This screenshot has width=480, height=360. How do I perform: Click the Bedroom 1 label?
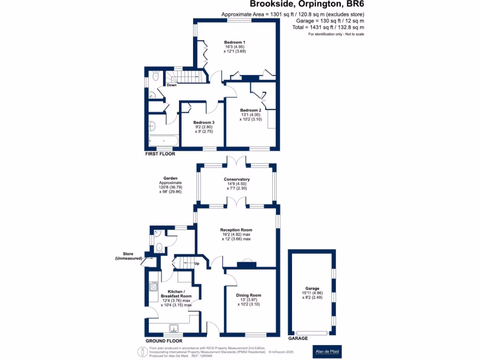coord(234,42)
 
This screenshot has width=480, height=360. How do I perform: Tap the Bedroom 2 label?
coord(250,110)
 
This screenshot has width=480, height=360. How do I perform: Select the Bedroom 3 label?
coord(204,122)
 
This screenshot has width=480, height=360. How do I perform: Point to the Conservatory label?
coord(237,180)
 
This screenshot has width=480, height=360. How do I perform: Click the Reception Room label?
coord(236,230)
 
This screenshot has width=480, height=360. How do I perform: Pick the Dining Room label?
coord(248,295)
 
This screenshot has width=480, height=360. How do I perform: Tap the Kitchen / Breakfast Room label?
coord(176,294)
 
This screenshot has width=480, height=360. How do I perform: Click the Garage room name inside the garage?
coord(312,288)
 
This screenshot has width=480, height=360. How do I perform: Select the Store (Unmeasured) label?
coord(128,256)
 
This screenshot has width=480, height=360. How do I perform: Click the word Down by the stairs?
coord(172,85)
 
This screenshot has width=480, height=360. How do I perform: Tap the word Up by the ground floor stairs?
coord(197,263)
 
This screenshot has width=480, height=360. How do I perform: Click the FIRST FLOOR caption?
coord(160,154)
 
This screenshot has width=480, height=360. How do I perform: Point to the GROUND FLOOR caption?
coord(164,341)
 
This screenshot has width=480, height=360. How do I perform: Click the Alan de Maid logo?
coord(327,352)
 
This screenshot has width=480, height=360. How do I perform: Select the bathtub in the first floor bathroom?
coord(164,141)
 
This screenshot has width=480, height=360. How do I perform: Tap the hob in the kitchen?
coord(153,286)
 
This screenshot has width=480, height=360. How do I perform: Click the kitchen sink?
coord(173,329)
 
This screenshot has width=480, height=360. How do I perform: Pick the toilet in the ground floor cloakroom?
coord(159,247)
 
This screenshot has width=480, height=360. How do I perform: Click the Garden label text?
coord(170,178)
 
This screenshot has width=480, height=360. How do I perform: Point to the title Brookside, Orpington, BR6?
coord(307,4)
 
